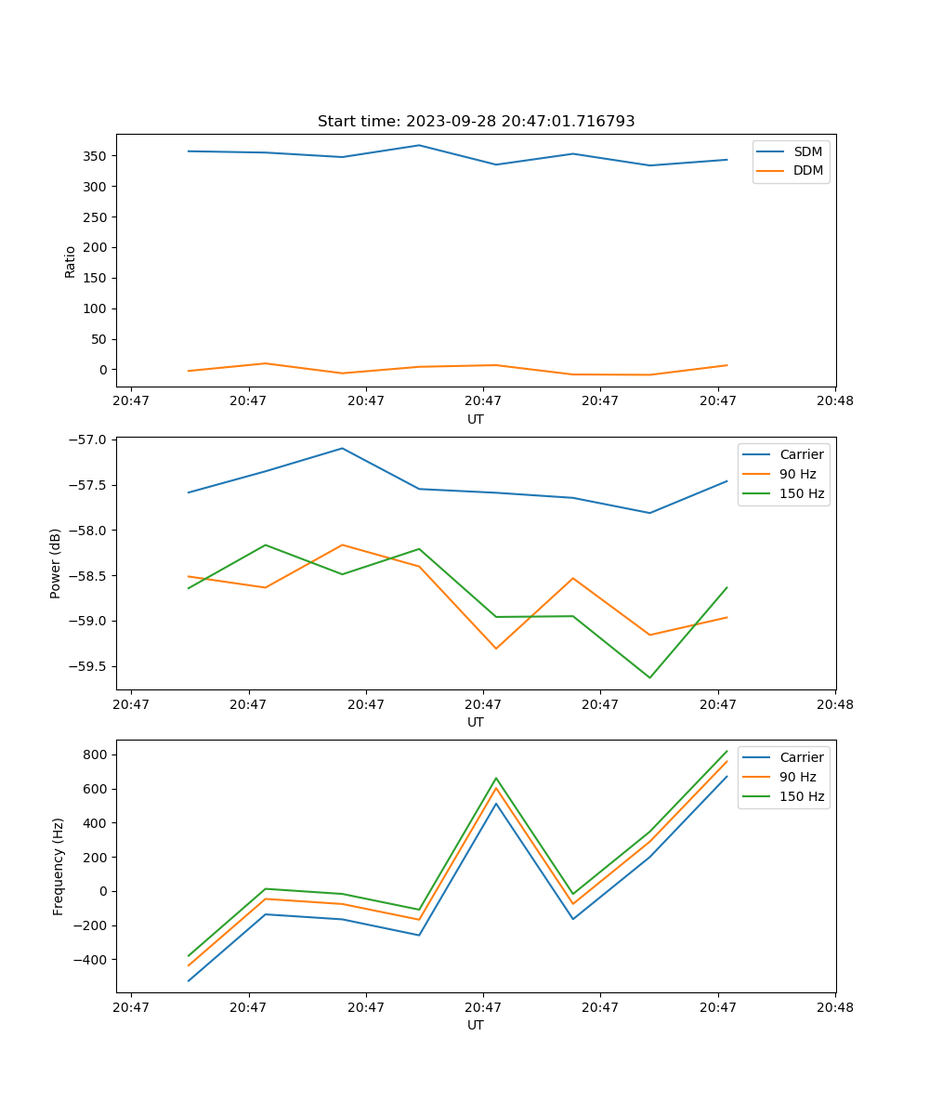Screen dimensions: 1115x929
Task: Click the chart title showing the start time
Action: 476,122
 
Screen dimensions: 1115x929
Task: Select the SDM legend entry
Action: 807,151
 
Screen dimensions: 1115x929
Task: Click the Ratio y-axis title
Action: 71,261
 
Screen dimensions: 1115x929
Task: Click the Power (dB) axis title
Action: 56,563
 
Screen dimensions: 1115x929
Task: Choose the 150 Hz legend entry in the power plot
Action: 802,493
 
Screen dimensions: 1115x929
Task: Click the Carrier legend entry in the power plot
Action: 801,454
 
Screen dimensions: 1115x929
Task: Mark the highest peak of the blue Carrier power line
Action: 342,448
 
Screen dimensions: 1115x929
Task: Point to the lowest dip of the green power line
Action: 649,677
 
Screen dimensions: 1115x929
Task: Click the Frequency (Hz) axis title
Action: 59,866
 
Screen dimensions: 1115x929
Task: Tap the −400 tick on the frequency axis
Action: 91,960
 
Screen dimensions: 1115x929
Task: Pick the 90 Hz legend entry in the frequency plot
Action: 797,777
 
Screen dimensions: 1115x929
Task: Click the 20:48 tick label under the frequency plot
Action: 834,1005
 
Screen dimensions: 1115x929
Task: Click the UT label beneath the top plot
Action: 476,419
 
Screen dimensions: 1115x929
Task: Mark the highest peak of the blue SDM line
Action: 419,145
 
